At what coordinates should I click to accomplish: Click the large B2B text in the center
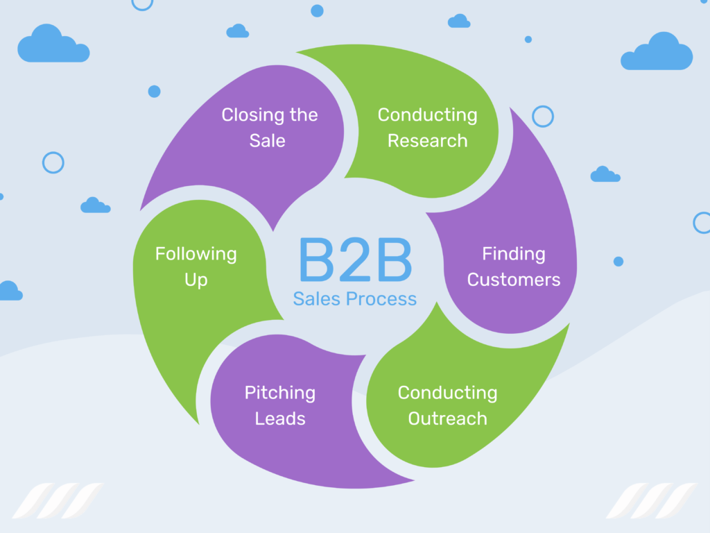click(354, 260)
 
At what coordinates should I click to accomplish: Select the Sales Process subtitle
click(354, 299)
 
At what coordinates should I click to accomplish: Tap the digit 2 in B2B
click(354, 260)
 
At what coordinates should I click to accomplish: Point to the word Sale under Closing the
click(268, 140)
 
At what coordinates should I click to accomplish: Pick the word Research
click(427, 141)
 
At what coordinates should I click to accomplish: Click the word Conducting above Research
click(427, 115)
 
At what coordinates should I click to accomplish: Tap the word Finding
click(513, 254)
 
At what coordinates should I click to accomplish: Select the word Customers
click(513, 280)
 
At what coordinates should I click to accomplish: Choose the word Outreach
click(447, 419)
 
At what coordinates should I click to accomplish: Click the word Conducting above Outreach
click(447, 393)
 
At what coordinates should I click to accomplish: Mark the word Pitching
click(279, 393)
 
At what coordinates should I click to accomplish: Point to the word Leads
click(279, 419)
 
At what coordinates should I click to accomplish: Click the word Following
click(196, 254)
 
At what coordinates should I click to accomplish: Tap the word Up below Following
click(196, 280)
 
